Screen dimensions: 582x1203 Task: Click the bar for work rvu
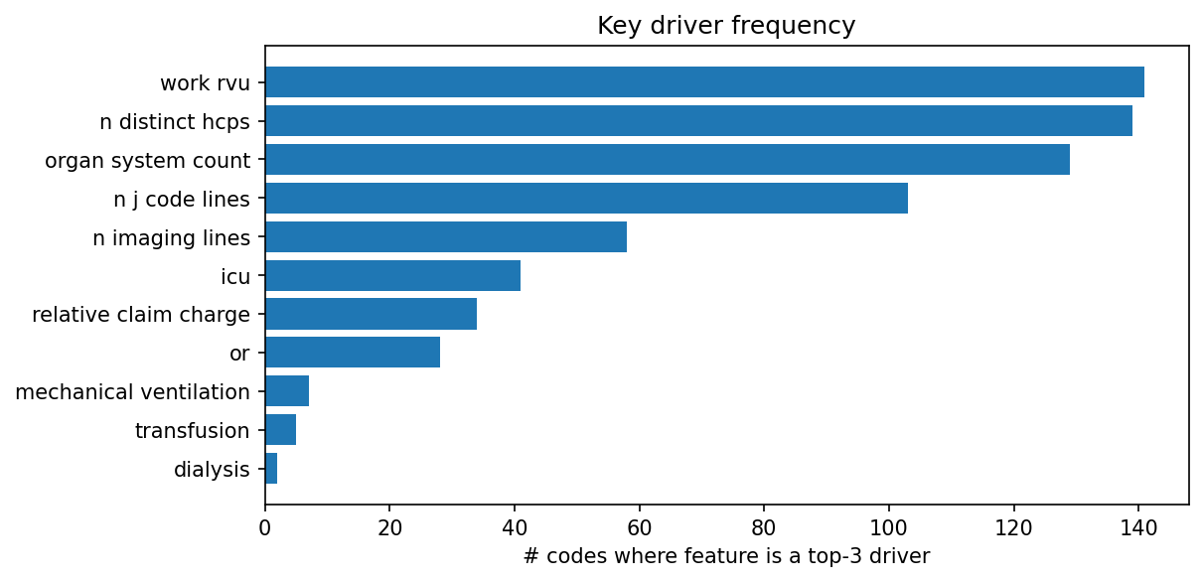click(x=704, y=82)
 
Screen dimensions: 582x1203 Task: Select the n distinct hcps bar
click(x=698, y=121)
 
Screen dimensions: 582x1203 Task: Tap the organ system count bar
click(x=668, y=160)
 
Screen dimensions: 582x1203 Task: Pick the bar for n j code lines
click(x=586, y=199)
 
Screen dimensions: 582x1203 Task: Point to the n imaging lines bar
click(x=446, y=237)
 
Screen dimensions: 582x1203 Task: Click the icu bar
click(x=392, y=276)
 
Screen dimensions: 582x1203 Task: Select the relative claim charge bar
click(x=371, y=315)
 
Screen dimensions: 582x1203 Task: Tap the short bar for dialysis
click(x=271, y=470)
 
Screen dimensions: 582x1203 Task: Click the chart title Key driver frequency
click(x=726, y=26)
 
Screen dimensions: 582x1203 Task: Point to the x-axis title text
click(x=726, y=556)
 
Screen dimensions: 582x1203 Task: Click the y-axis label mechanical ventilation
click(x=132, y=392)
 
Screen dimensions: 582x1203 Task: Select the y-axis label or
click(x=239, y=354)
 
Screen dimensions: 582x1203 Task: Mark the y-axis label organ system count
click(x=147, y=160)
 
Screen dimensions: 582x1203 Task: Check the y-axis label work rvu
click(x=205, y=82)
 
